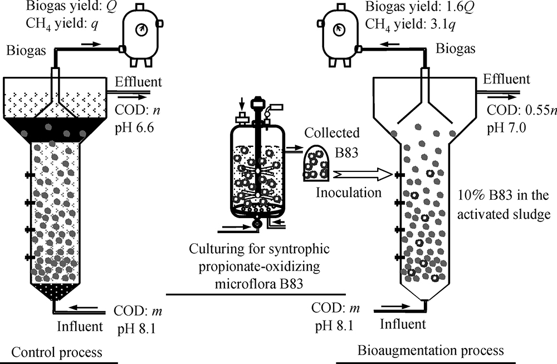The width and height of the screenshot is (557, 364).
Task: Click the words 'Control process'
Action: pos(57,352)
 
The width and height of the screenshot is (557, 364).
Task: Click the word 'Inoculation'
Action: pos(349,193)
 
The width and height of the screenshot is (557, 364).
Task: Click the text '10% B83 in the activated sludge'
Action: pos(501,205)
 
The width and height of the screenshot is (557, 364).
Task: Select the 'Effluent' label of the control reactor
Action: pos(138,82)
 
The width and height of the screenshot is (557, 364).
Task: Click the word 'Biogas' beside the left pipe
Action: pos(23,51)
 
